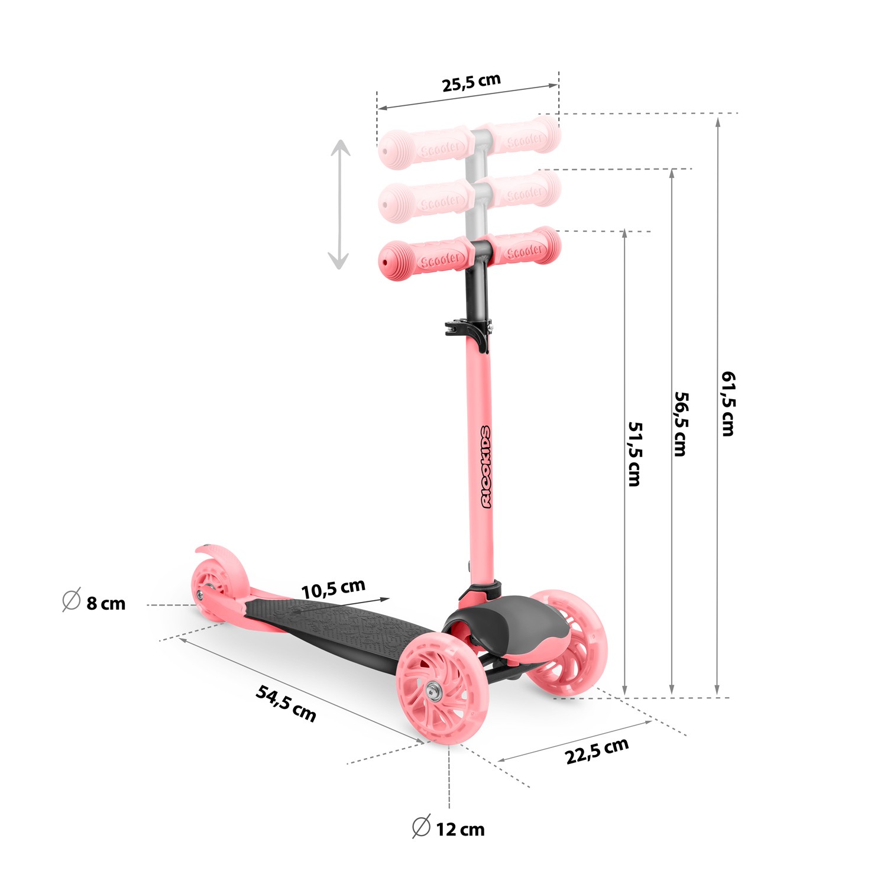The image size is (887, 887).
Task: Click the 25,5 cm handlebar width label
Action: tap(471, 83)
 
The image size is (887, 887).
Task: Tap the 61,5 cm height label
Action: tap(728, 404)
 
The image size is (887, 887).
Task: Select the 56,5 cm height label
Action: tap(681, 424)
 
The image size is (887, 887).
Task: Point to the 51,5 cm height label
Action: tap(635, 454)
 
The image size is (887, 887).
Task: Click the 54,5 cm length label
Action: tap(286, 703)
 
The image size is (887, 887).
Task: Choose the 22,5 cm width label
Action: tap(597, 751)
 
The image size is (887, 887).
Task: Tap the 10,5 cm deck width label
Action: tap(333, 589)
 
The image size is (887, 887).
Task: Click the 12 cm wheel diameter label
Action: tap(460, 830)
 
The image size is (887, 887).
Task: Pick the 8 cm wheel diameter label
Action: tap(106, 604)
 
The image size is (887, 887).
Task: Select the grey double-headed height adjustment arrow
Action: tap(339, 205)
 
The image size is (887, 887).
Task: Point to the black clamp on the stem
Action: tap(469, 329)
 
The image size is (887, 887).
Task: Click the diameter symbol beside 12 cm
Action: tap(421, 827)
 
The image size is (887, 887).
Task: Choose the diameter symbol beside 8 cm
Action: tap(72, 600)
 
